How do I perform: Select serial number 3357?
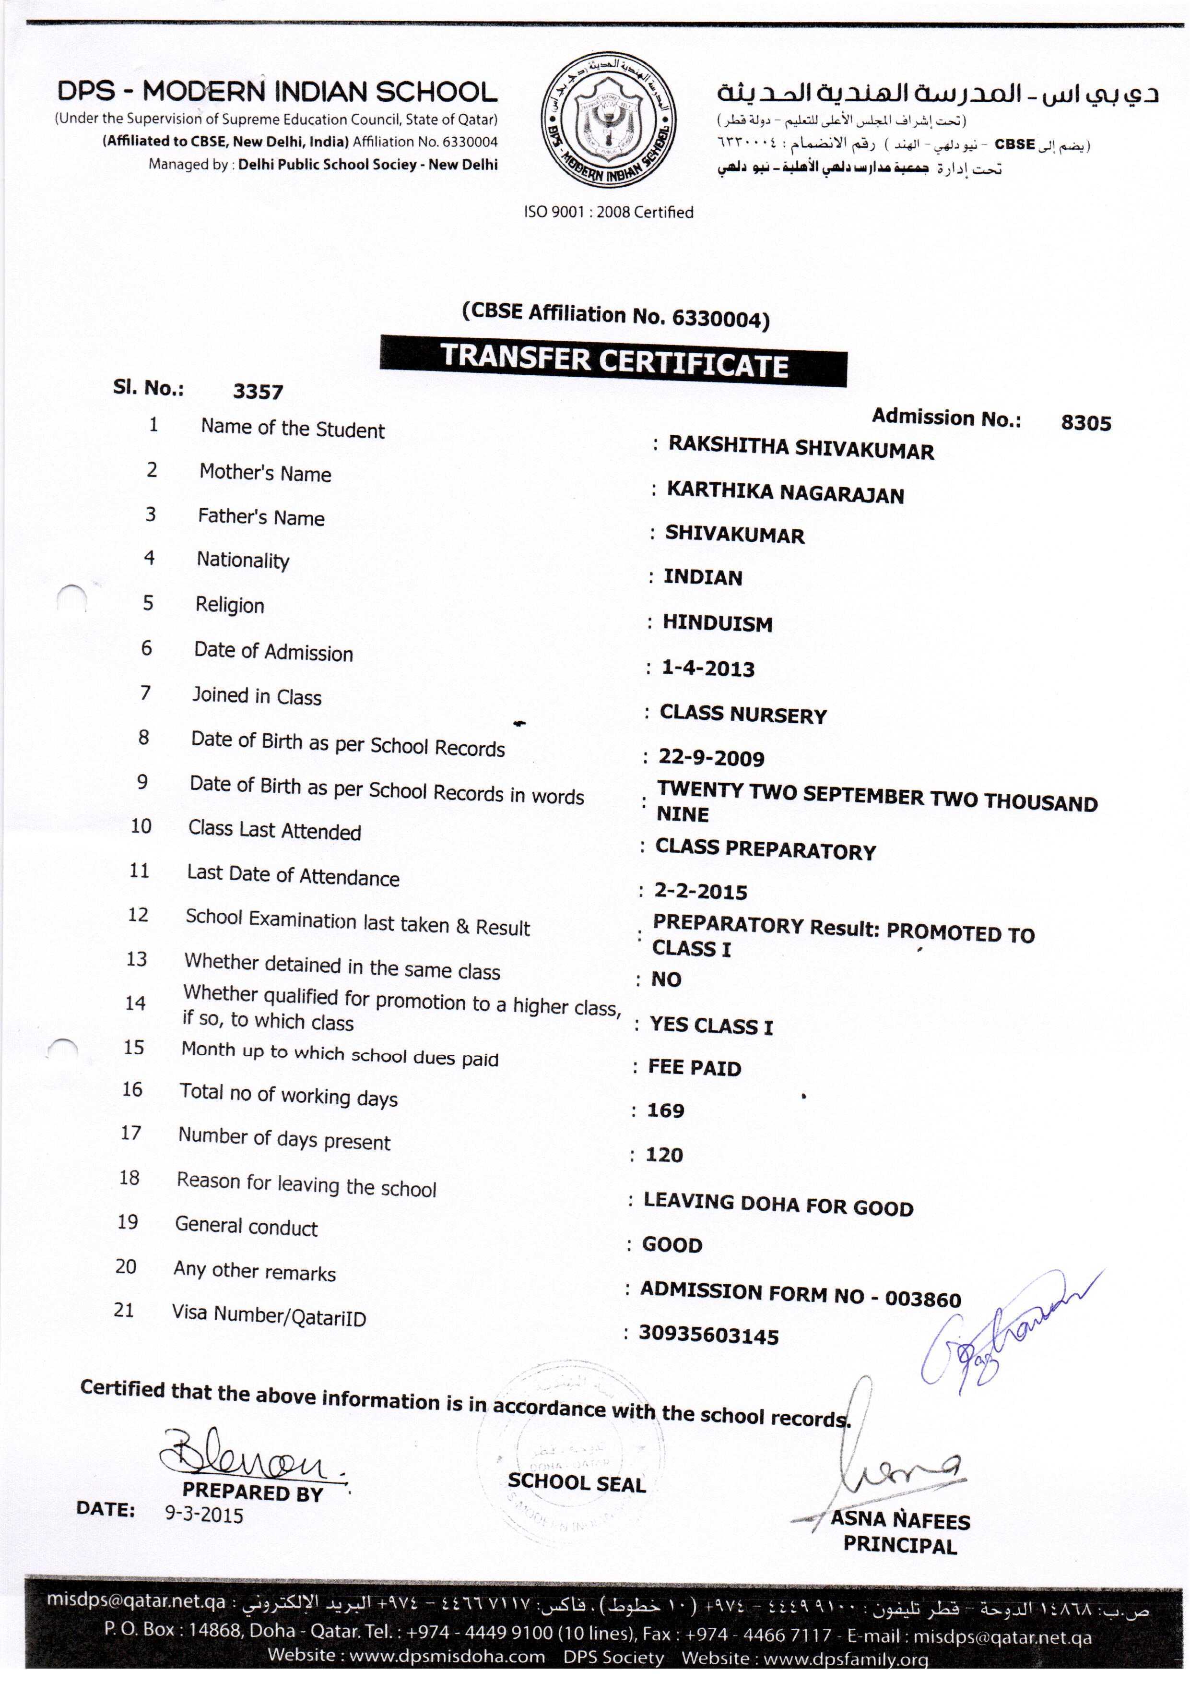click(258, 392)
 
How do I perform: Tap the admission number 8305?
click(1085, 423)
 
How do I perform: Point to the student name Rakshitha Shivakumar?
click(801, 448)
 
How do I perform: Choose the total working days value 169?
click(665, 1110)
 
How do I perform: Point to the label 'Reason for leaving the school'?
click(306, 1184)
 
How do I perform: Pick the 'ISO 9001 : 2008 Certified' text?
click(608, 212)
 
